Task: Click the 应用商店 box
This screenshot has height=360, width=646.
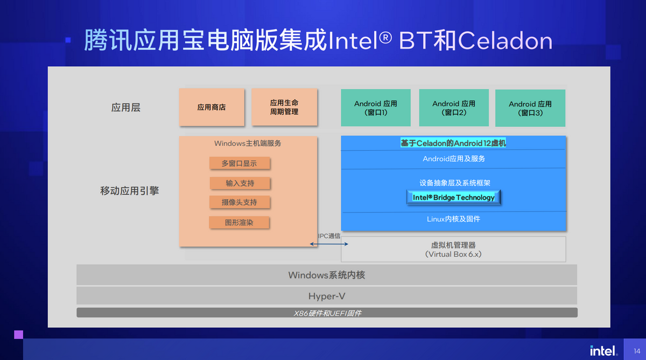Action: point(212,107)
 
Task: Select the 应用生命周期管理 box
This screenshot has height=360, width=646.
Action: point(284,107)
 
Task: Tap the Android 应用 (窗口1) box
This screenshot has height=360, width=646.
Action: point(375,108)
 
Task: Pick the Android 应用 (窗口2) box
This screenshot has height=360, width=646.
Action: point(454,108)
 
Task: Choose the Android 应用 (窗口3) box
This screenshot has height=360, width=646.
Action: point(530,108)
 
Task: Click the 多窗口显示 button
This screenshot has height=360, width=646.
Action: point(239,164)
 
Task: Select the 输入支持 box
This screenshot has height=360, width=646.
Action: point(240,183)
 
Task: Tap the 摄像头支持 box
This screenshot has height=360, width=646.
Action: point(240,202)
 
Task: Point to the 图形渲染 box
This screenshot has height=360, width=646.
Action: point(239,222)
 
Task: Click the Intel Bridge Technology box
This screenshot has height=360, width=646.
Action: point(453,197)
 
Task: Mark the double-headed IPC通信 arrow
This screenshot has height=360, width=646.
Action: point(329,244)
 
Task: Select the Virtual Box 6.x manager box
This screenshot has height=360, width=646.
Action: point(453,249)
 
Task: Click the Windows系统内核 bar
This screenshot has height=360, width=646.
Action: point(326,275)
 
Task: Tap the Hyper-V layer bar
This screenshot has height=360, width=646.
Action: point(326,296)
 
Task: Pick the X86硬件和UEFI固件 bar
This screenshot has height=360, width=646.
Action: point(326,313)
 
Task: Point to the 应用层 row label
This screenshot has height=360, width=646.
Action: point(125,108)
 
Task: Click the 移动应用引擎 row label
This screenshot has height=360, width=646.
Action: point(129,190)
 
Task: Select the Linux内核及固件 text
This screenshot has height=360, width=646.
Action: point(453,219)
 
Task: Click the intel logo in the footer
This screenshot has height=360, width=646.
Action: point(602,351)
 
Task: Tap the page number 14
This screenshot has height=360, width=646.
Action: point(637,351)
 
